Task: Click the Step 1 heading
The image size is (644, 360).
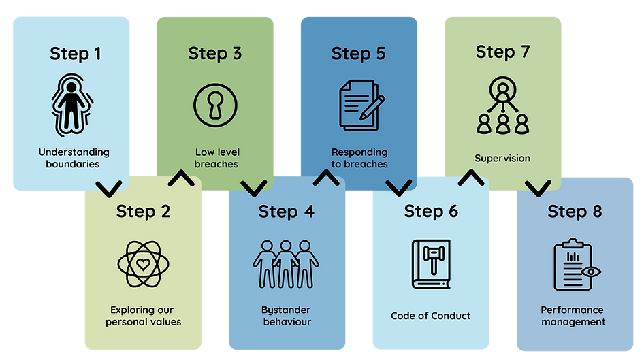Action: pyautogui.click(x=75, y=54)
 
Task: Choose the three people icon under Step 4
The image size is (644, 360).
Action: pyautogui.click(x=286, y=263)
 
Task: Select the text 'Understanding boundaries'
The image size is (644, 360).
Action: pyautogui.click(x=74, y=158)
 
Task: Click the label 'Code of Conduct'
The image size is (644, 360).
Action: pyautogui.click(x=431, y=316)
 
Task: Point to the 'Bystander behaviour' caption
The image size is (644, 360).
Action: pyautogui.click(x=287, y=315)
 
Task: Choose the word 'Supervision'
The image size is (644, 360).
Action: pyautogui.click(x=502, y=159)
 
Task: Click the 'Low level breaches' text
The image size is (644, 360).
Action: pyautogui.click(x=216, y=158)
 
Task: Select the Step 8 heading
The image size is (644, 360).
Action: pyautogui.click(x=575, y=212)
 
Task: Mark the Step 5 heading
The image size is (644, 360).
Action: pyautogui.click(x=359, y=54)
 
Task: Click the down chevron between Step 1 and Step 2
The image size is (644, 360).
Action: pyautogui.click(x=110, y=187)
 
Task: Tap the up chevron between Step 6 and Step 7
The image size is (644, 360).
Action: pyautogui.click(x=470, y=178)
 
